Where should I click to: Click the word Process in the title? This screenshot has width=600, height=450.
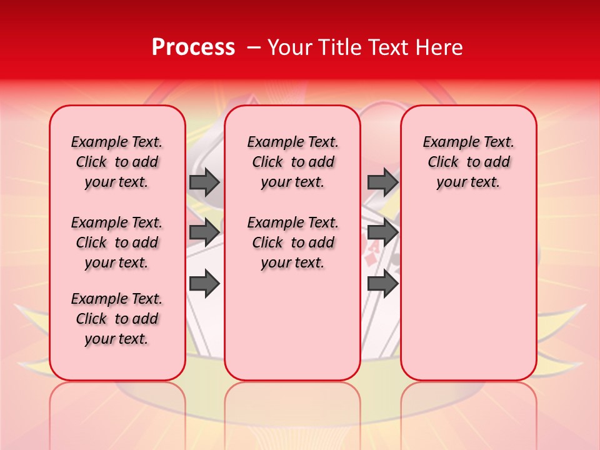click(193, 47)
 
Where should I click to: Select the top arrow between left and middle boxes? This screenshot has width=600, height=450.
click(204, 182)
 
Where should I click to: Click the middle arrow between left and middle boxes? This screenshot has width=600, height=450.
click(204, 232)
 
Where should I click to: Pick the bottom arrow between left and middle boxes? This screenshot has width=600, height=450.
click(204, 284)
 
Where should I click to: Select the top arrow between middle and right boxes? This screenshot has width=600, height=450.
click(382, 182)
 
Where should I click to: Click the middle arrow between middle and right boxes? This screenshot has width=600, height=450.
click(382, 232)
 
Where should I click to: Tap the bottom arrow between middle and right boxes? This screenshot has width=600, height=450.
click(382, 284)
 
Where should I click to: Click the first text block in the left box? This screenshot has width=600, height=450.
click(117, 162)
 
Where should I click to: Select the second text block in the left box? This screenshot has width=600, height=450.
click(117, 242)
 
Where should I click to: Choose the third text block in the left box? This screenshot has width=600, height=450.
click(117, 319)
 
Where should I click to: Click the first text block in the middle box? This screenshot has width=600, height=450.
click(292, 162)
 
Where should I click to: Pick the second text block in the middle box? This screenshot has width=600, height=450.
click(292, 242)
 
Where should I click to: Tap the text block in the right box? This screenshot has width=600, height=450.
click(469, 162)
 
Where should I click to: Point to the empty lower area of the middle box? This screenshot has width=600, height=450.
click(292, 325)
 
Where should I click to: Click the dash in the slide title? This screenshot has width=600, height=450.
click(254, 47)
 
